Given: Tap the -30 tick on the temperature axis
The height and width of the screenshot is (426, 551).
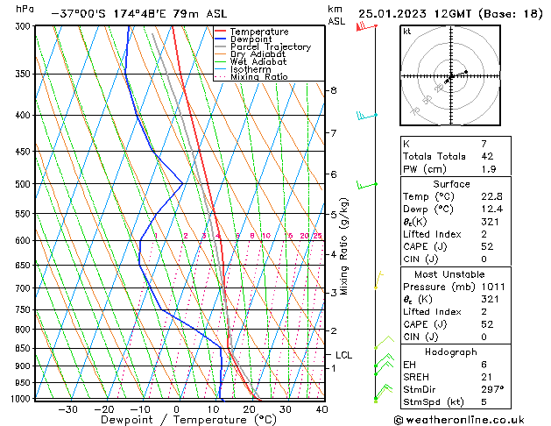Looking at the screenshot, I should [67, 408].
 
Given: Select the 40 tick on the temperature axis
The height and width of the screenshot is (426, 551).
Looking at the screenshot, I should [321, 408].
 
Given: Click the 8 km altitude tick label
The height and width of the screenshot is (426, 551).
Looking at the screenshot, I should [333, 90].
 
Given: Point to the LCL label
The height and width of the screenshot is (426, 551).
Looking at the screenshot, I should [343, 355].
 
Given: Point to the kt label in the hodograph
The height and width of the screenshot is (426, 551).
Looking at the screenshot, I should [406, 32].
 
